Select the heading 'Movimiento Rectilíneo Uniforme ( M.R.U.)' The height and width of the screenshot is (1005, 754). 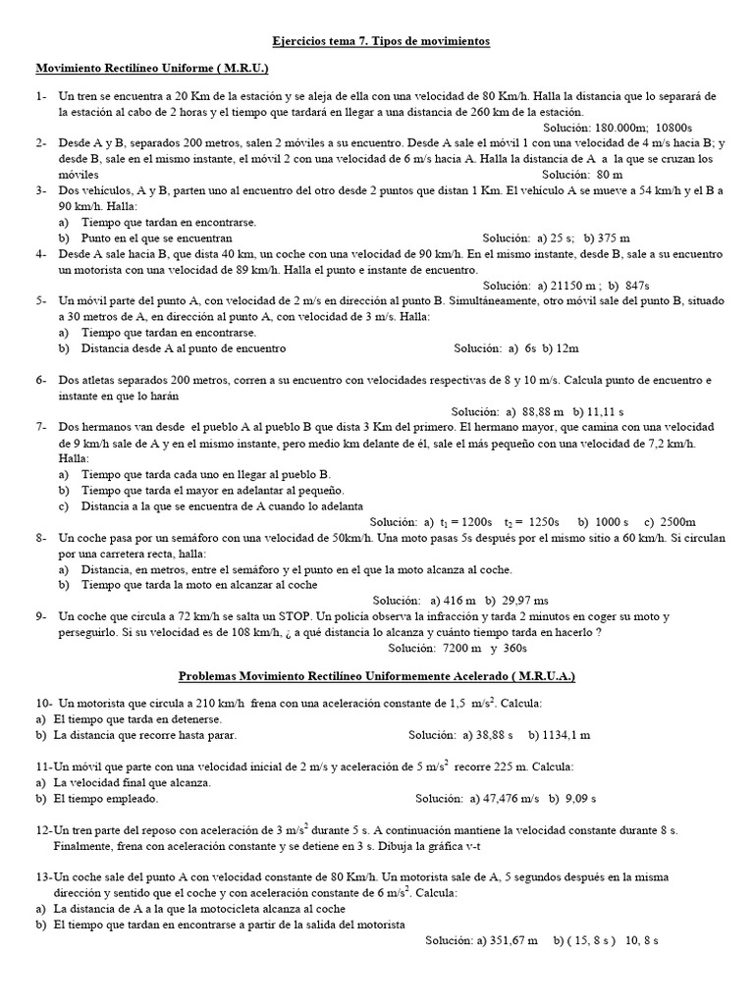point(151,70)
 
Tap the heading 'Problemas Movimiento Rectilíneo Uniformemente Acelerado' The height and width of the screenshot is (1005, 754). point(376,676)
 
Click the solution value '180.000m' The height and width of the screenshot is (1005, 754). point(618,128)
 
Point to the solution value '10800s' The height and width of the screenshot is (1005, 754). point(674,128)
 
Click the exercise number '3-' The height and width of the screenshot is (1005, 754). point(42,189)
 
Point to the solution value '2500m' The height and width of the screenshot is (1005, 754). point(676,522)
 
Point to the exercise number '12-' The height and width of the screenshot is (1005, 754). point(43,830)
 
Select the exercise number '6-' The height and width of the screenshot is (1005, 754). point(42,380)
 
